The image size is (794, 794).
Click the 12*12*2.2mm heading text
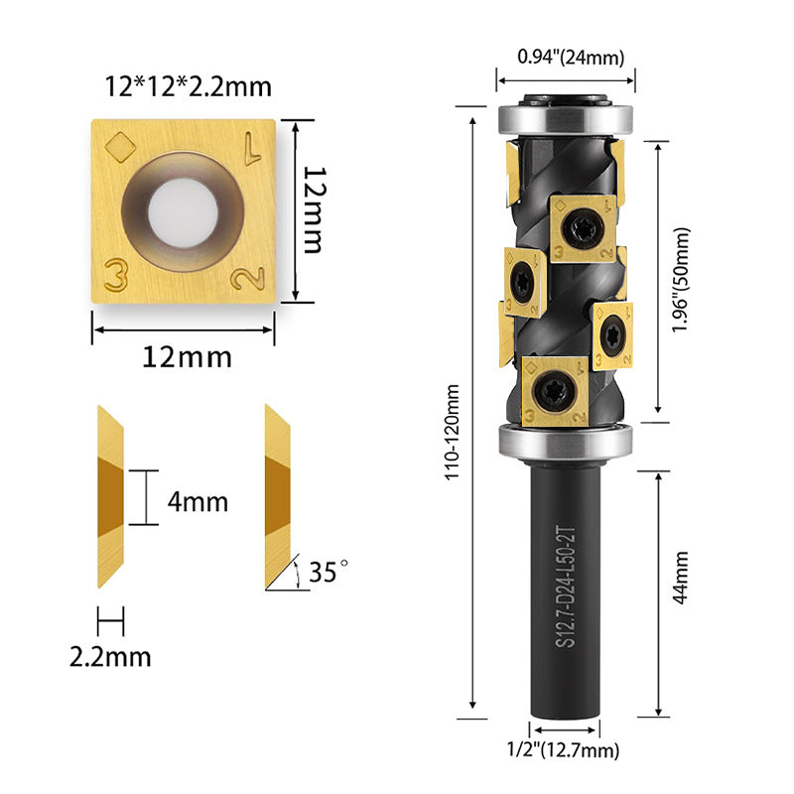188,86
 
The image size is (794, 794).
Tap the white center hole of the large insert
183,212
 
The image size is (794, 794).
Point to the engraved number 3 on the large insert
116,275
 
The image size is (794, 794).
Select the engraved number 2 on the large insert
248,278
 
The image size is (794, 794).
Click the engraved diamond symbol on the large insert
120,147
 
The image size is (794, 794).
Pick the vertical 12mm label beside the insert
314,210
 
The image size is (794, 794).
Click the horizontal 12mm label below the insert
187,357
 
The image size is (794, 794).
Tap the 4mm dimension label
198,502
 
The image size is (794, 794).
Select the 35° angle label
329,572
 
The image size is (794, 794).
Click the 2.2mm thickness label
110,657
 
